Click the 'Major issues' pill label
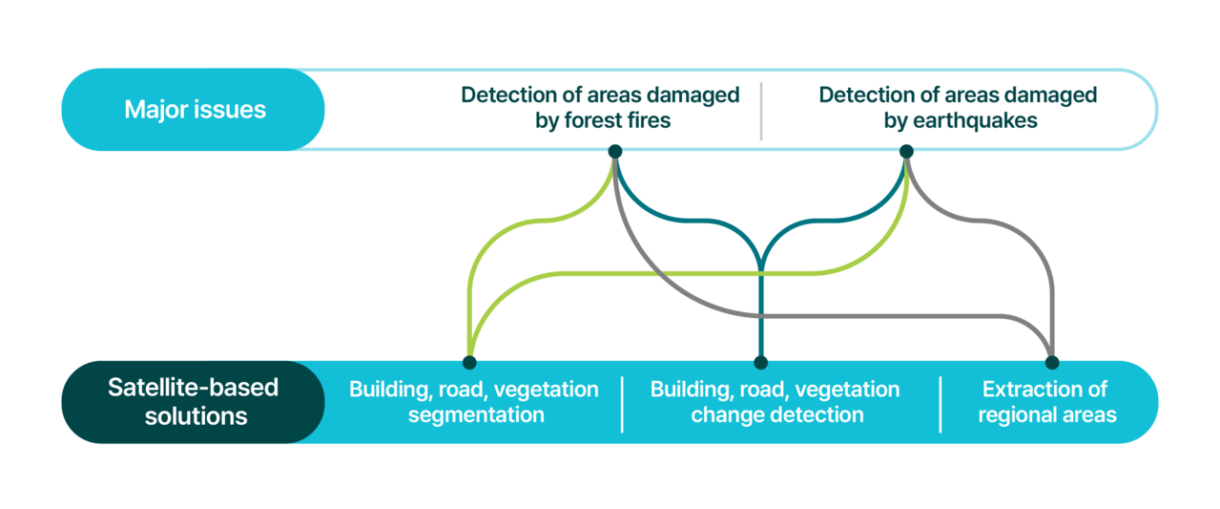[x=194, y=109]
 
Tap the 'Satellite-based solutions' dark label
[x=194, y=402]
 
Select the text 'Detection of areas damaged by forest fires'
[x=600, y=108]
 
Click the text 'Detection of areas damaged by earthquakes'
[x=958, y=108]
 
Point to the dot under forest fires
[x=615, y=151]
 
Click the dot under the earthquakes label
[x=906, y=151]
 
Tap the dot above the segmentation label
[x=469, y=362]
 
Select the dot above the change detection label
[x=761, y=362]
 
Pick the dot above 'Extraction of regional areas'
[x=1052, y=362]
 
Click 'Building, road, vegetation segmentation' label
[x=474, y=402]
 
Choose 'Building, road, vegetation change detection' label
[x=775, y=402]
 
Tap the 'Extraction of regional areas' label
[x=1046, y=402]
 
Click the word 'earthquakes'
[x=975, y=120]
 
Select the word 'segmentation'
[x=476, y=415]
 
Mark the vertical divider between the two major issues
[x=761, y=111]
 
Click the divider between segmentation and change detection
[x=622, y=404]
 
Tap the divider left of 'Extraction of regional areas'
[x=941, y=404]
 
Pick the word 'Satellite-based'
[x=194, y=388]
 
